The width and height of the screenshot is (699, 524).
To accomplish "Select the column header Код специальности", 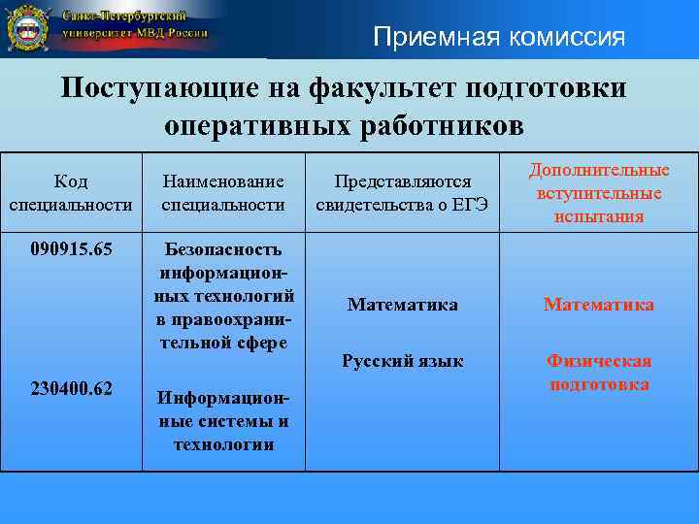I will click(70, 193).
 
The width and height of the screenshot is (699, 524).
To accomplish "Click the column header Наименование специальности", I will click(223, 193).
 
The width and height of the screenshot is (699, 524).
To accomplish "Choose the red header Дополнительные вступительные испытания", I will click(599, 193).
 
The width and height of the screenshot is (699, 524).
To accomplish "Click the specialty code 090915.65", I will click(71, 248).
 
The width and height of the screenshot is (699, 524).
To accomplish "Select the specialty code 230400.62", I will click(71, 389).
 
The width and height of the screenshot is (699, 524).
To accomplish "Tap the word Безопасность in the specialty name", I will click(223, 248).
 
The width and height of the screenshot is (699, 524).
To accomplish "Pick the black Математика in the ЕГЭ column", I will click(402, 305).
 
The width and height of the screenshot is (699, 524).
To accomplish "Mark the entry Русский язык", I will click(402, 362).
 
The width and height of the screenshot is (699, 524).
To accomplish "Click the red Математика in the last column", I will click(599, 305).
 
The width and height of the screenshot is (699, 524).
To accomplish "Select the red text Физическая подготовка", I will click(599, 373).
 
